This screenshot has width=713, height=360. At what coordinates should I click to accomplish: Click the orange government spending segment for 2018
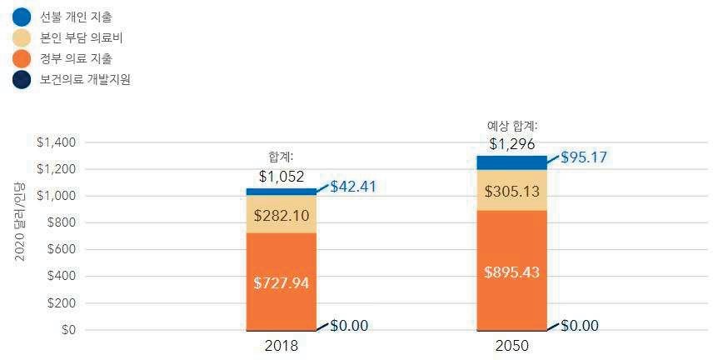281,282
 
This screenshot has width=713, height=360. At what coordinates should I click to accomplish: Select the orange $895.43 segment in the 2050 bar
511,271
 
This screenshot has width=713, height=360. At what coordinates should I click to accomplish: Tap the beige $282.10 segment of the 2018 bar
281,214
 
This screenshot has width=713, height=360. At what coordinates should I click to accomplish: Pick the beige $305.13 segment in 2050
511,190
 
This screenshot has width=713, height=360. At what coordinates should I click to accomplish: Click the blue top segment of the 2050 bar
511,162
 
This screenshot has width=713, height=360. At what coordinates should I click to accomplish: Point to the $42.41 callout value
353,186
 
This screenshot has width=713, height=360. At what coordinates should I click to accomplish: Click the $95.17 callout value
584,157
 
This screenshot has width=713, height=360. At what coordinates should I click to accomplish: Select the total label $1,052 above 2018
281,177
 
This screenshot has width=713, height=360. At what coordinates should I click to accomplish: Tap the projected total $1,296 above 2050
511,144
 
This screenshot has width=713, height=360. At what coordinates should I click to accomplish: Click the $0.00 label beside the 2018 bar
349,326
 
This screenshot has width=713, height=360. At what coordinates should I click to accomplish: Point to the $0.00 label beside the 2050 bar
579,325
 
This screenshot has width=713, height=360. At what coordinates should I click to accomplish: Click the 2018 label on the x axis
281,346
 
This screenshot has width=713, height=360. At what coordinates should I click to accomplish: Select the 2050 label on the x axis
511,346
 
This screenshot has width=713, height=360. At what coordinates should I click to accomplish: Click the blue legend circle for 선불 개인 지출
22,17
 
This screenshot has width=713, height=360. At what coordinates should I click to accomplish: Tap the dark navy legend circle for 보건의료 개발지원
22,80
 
